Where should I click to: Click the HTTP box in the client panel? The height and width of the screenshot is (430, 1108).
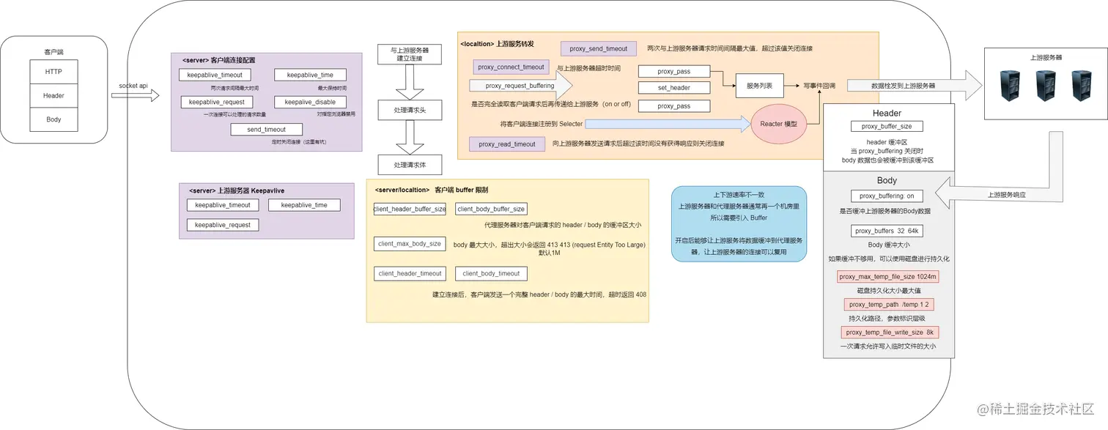pos(53,72)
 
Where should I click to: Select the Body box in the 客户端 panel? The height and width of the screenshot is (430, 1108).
pos(53,119)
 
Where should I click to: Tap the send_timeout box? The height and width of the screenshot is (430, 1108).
pos(266,130)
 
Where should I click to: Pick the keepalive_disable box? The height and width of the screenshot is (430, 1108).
pos(310,102)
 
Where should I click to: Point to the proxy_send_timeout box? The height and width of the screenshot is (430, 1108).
pos(599,49)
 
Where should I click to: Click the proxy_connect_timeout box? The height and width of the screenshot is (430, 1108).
pos(511,67)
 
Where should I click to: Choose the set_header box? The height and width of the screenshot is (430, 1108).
pos(673,88)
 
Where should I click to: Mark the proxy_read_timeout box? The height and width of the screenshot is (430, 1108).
pos(507,144)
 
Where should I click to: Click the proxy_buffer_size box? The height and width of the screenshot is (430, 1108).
pos(887,127)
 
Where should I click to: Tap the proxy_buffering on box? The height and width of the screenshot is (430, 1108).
pos(887,196)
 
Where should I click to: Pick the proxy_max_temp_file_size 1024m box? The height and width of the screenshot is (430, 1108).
pos(888,277)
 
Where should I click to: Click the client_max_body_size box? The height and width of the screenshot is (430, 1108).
pos(410,244)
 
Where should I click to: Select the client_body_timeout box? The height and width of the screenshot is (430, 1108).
pos(490,274)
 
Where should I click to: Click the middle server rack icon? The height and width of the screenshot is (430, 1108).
pos(1045,86)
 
